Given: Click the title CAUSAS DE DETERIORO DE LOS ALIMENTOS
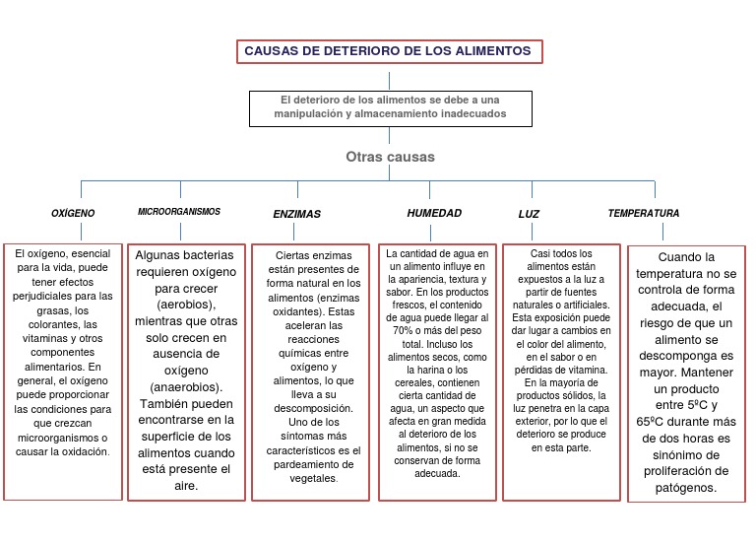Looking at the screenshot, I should click(x=388, y=50).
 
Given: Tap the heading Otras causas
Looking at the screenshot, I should click(x=390, y=157).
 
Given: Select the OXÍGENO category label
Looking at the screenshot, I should click(x=73, y=213).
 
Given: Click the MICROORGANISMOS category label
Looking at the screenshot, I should click(x=179, y=212).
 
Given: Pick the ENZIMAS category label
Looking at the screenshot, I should click(x=296, y=214).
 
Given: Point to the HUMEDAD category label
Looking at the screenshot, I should click(x=434, y=213).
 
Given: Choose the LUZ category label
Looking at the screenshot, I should click(x=529, y=214).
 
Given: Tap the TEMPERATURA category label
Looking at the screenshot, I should click(x=643, y=213).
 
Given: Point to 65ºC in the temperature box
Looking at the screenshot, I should click(x=653, y=421).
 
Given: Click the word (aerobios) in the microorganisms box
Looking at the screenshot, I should click(x=186, y=305).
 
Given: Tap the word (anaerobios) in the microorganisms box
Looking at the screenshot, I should click(x=186, y=386).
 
